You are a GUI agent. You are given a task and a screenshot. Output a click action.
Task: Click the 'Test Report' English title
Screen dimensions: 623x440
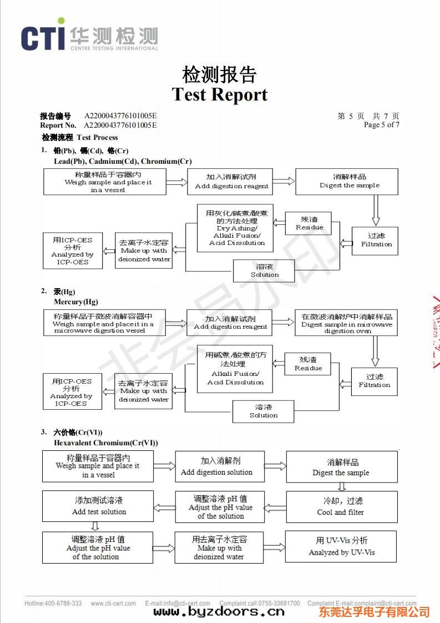[x=220, y=94]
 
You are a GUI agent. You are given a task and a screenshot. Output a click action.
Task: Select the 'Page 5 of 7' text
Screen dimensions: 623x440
[x=381, y=125]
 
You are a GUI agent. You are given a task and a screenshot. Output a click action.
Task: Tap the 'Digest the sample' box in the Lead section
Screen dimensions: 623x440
[x=347, y=182]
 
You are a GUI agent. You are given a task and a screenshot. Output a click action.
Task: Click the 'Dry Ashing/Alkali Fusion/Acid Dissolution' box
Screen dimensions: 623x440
[x=235, y=228]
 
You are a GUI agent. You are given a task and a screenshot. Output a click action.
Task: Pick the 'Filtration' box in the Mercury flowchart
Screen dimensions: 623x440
[x=374, y=381]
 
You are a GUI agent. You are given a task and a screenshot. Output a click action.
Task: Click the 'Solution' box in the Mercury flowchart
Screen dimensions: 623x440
[x=263, y=411]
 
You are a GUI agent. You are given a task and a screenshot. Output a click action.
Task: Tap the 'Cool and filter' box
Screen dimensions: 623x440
[x=341, y=506]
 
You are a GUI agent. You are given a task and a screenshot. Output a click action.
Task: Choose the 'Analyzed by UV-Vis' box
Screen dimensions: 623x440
[x=341, y=546]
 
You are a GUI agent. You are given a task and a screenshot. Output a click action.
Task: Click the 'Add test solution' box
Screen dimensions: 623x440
[x=98, y=506]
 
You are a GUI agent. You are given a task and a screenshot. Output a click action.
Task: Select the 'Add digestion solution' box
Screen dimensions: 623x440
[x=220, y=466]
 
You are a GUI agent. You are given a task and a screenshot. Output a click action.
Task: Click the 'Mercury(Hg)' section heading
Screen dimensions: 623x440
[x=76, y=302]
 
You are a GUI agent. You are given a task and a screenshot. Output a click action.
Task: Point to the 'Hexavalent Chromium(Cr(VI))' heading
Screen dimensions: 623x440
[x=105, y=443]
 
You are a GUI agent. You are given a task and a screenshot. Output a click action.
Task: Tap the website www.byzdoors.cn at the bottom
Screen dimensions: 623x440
[x=219, y=612]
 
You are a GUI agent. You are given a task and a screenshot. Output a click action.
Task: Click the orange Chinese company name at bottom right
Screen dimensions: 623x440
[x=374, y=612]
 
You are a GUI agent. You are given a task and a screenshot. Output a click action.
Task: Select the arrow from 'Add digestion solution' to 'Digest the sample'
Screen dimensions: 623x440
[x=275, y=466]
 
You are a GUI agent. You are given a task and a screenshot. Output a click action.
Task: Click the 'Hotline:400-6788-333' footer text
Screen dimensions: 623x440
[x=53, y=604]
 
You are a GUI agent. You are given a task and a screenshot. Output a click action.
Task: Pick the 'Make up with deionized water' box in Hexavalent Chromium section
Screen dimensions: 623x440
[x=219, y=547]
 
